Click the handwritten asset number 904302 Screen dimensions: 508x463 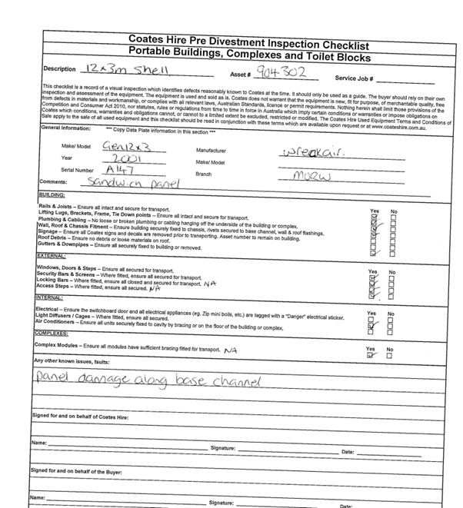(281, 72)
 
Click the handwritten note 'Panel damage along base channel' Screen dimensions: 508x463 (151, 380)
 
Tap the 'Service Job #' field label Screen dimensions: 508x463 (355, 78)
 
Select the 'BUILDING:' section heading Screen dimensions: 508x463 (53, 195)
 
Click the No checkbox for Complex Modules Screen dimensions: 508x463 (390, 355)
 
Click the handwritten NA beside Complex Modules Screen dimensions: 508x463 (231, 350)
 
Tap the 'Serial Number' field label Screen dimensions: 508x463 (78, 170)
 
